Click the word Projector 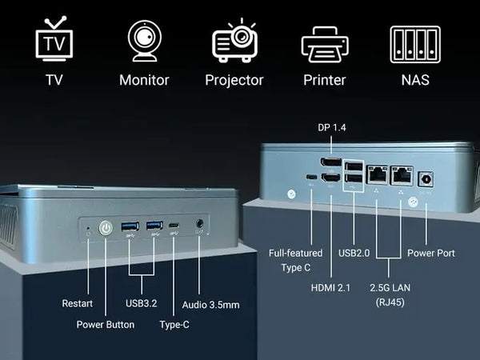(234, 80)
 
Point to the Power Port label (430, 253)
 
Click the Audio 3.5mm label (210, 304)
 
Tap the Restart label (77, 304)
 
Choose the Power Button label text (105, 325)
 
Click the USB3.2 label (141, 304)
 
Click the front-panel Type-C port (174, 227)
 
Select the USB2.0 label (354, 253)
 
